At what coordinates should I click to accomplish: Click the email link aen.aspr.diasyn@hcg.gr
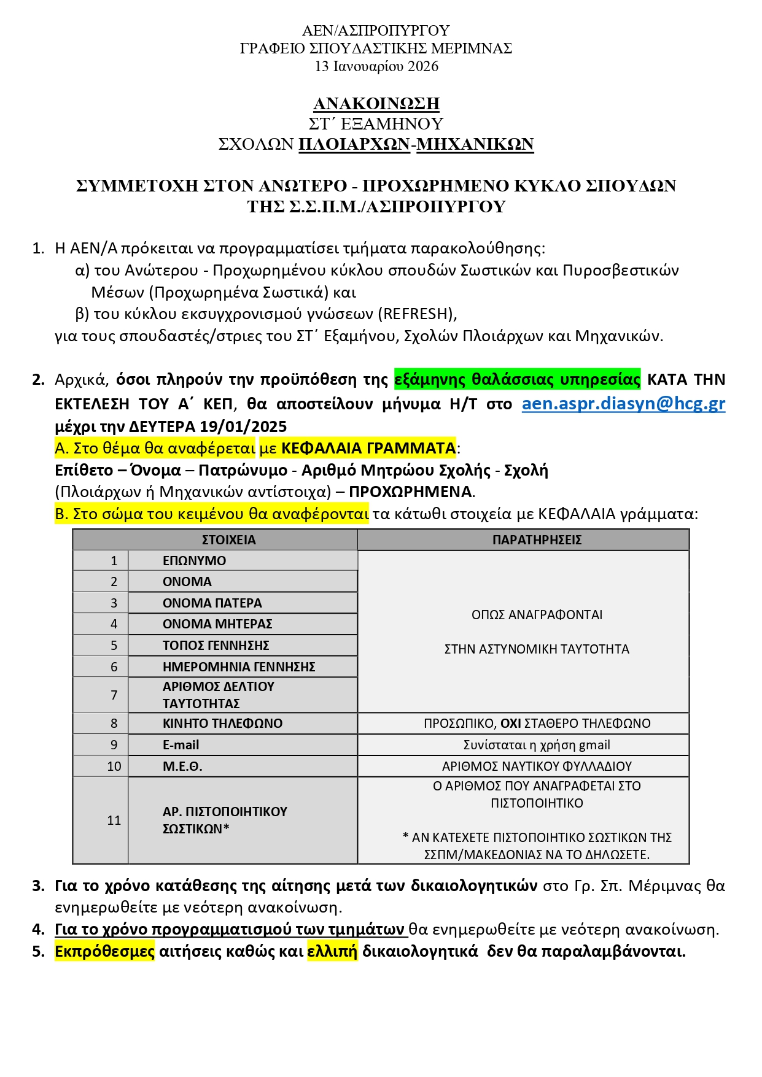(x=623, y=404)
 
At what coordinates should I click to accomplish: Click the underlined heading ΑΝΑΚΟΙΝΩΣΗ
(x=376, y=102)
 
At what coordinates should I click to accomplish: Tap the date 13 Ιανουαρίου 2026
(x=376, y=66)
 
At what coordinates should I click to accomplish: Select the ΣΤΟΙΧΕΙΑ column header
(x=228, y=540)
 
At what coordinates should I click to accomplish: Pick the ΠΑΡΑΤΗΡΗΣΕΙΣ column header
(x=536, y=540)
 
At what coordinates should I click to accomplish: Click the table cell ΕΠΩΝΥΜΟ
(x=194, y=560)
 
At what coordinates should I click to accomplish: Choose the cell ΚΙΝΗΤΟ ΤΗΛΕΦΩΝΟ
(x=222, y=723)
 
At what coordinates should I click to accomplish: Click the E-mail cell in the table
(x=181, y=744)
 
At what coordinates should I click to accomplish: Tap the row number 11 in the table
(x=114, y=820)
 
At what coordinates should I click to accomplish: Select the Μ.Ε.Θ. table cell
(x=182, y=766)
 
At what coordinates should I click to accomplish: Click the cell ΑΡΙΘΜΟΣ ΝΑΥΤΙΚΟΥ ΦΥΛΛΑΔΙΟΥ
(x=536, y=766)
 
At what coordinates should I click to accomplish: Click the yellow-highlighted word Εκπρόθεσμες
(x=104, y=951)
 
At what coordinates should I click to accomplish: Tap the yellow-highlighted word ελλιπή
(x=332, y=951)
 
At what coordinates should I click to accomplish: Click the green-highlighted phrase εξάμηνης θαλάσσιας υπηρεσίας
(x=517, y=379)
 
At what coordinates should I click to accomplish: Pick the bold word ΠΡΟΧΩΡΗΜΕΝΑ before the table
(x=411, y=492)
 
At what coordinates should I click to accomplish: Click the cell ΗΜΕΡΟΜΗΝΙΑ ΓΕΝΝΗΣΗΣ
(x=238, y=666)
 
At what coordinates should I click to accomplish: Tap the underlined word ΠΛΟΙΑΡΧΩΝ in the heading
(x=354, y=144)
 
